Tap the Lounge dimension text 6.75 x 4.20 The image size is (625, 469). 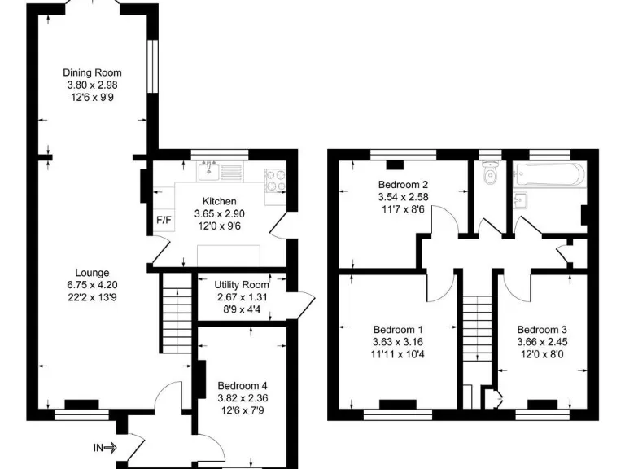point(92,285)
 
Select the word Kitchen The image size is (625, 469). point(219,201)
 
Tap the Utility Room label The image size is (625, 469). point(242,284)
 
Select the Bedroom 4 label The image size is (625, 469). point(242,387)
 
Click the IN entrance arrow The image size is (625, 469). point(105,447)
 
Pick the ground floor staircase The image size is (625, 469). point(174,313)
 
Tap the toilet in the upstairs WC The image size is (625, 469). point(490,175)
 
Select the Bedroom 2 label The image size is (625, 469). point(403,184)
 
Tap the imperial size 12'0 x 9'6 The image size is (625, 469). point(219,226)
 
